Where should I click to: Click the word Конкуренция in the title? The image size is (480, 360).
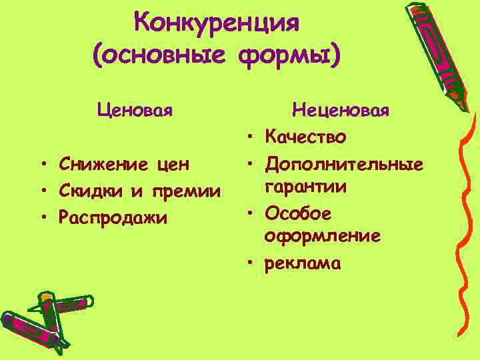point(217,23)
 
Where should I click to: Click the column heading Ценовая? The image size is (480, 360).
point(135,108)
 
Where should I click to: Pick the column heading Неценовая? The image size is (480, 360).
point(341,108)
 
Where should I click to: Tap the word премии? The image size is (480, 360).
point(188,192)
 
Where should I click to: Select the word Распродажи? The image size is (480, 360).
point(112,218)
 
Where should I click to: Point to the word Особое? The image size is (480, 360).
point(298,213)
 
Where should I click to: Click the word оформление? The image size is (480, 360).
point(323,236)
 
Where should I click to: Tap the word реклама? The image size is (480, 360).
point(303,264)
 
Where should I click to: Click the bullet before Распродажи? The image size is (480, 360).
point(42,217)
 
